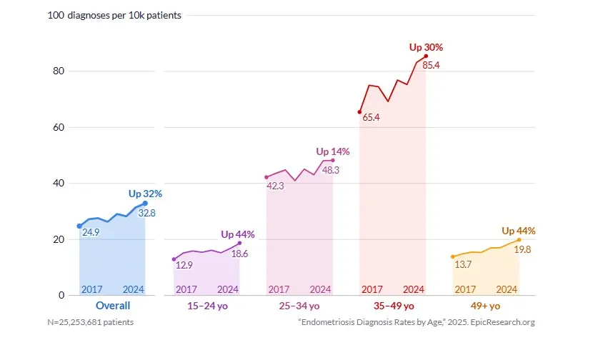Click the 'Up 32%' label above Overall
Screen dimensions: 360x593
point(145,194)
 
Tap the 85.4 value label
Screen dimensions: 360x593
point(431,66)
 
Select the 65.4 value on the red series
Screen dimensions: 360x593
point(371,117)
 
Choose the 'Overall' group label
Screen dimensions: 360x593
point(113,306)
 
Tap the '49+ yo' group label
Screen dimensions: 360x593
point(486,306)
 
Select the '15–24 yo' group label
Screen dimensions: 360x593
point(207,306)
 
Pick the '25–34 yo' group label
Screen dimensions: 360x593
point(299,306)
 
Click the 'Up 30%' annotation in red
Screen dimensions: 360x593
point(426,47)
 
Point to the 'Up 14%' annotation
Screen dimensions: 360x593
point(333,151)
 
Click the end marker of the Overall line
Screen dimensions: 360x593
point(145,204)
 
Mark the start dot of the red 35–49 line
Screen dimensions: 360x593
point(359,112)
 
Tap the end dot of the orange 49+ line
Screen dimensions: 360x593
point(519,240)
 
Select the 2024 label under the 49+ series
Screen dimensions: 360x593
point(507,289)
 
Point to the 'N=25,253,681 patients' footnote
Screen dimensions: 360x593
point(90,322)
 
